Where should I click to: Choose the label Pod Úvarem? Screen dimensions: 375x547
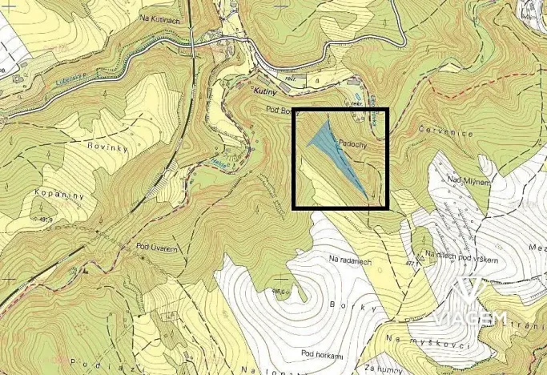pos(157,247)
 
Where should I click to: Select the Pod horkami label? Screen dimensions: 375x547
pos(322,353)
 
